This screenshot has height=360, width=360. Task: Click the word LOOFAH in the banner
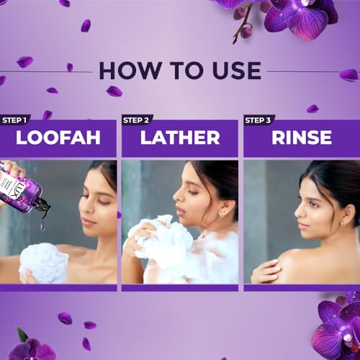58,138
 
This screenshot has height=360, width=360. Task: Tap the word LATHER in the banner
180,138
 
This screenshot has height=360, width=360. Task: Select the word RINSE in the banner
302,138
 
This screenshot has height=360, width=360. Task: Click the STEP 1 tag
14,120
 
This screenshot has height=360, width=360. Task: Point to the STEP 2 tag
136,120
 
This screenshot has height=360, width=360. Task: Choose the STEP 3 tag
258,120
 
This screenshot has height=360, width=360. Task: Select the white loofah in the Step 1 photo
45,263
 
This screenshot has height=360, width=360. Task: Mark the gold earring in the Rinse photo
343,224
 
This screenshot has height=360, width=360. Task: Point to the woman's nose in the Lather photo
178,196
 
